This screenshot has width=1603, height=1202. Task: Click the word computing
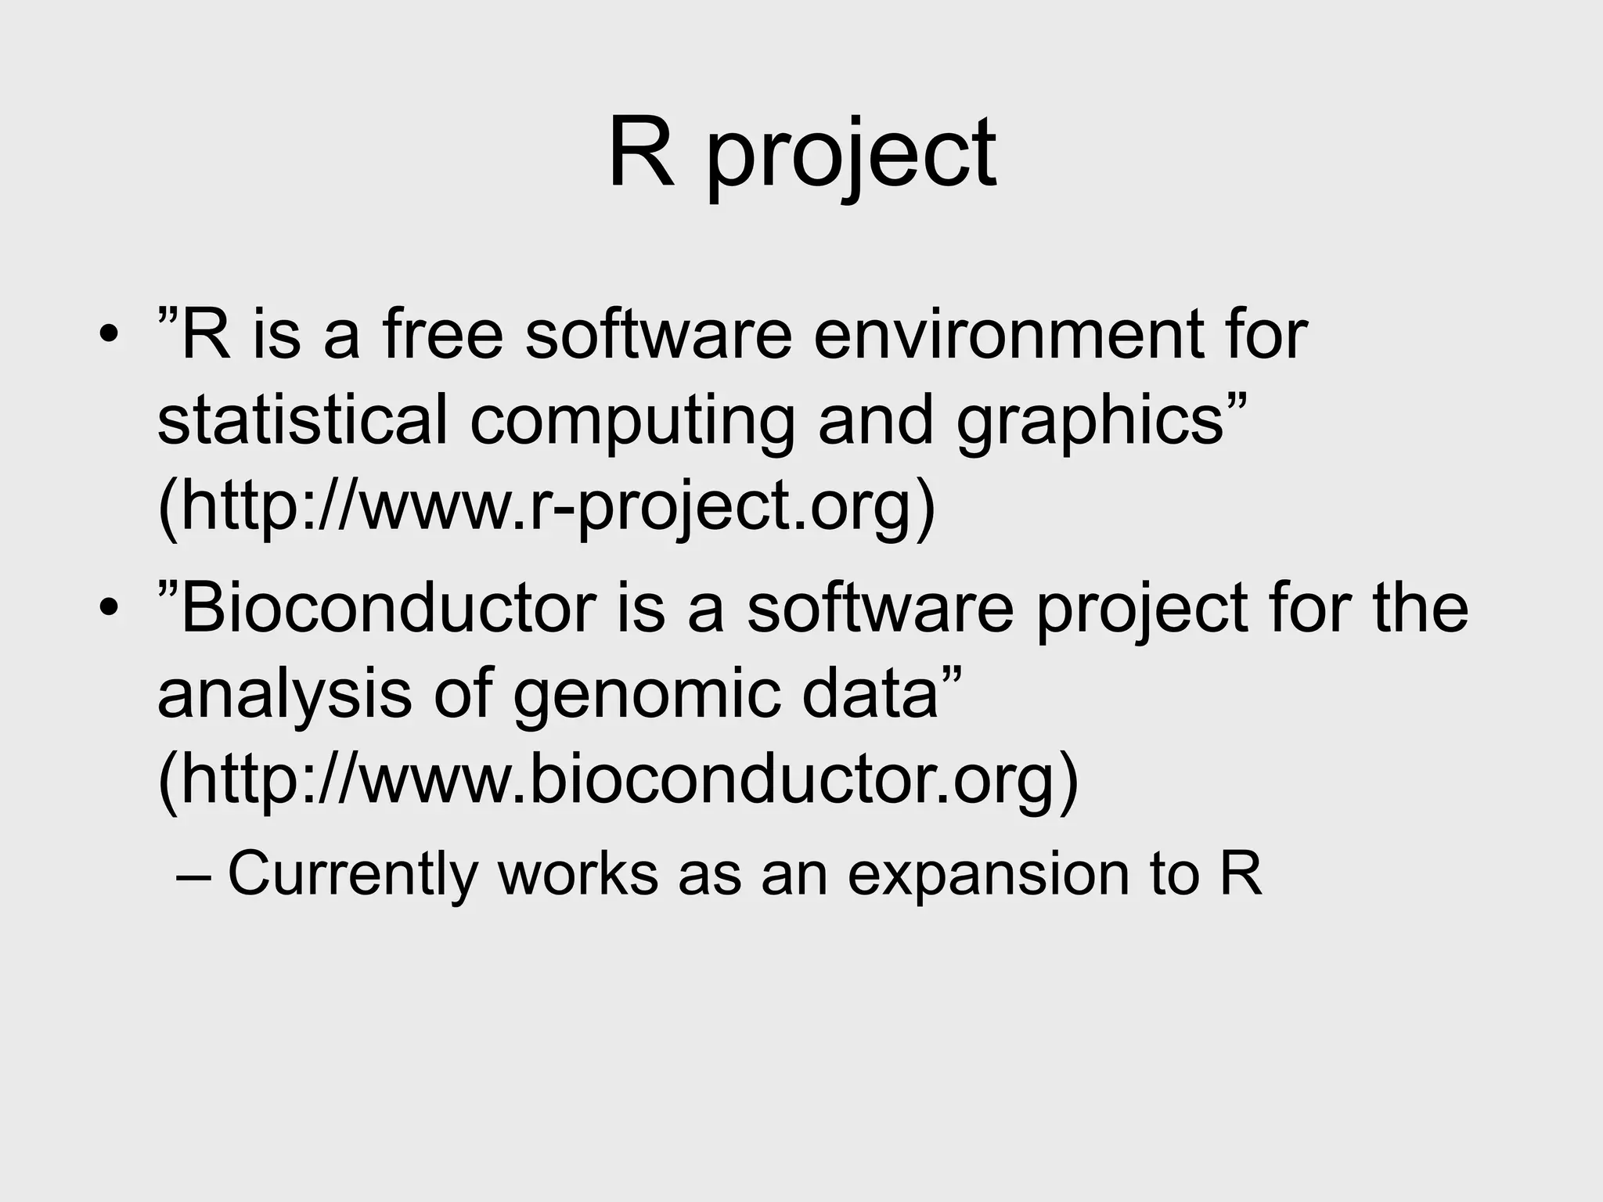(x=632, y=423)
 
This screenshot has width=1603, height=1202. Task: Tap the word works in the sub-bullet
(x=578, y=873)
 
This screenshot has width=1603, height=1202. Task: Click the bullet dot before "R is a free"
(x=109, y=337)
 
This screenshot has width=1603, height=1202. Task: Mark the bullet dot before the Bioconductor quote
(x=109, y=610)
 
